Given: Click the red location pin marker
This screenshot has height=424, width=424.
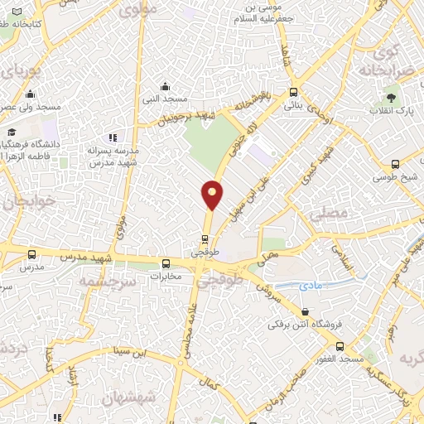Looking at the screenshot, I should coord(212,195).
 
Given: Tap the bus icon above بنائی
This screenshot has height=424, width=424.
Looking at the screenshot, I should coord(293,93).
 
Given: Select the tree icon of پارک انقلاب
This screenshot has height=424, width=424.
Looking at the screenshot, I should coord(402,99).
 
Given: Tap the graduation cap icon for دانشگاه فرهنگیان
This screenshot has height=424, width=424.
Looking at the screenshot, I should coord(12,132).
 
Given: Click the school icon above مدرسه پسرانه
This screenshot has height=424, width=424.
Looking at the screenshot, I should coord(113,137).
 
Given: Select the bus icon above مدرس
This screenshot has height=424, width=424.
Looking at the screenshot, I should coord(31,255).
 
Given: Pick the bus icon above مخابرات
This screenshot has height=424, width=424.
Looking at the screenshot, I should coord(165,265).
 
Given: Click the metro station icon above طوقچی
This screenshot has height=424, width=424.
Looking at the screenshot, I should coord(205,240).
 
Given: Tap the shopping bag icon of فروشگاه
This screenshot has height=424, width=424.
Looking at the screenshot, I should coord(307,312).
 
